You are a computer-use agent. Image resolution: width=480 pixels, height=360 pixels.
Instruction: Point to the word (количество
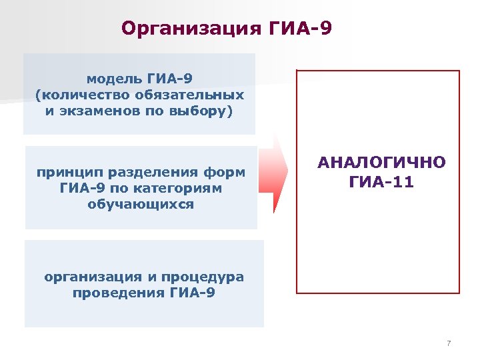click(x=79, y=95)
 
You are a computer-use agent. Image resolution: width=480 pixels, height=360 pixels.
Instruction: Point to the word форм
click(x=227, y=173)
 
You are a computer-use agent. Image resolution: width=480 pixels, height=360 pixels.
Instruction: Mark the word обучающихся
click(x=141, y=205)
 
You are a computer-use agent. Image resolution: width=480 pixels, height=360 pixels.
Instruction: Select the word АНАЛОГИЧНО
click(x=381, y=164)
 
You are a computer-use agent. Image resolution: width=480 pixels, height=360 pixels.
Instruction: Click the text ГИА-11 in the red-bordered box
click(x=381, y=181)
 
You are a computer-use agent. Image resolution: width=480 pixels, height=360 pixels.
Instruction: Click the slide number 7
click(x=449, y=344)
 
